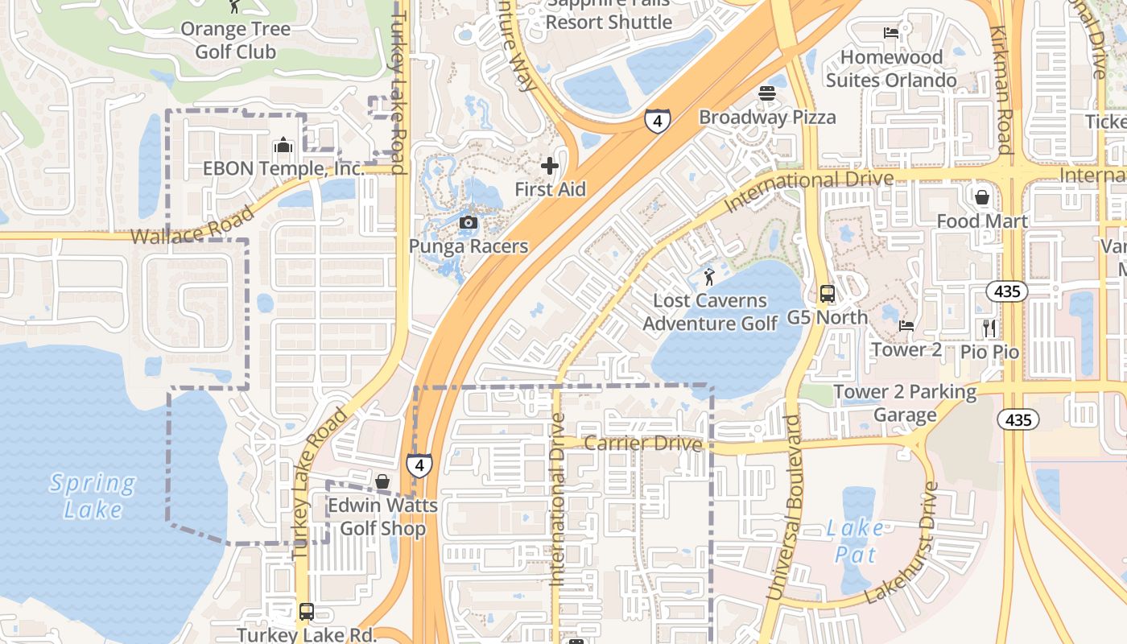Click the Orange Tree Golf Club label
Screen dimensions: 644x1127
(236, 40)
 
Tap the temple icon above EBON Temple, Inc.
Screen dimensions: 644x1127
(283, 146)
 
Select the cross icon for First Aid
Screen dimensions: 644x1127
(550, 166)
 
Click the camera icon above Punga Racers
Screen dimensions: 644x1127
(468, 222)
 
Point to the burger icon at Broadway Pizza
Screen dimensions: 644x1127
(766, 93)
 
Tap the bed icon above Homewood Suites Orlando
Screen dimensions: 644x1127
(891, 33)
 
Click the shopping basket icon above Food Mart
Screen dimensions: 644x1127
(982, 197)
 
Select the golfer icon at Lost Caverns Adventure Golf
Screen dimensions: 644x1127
(708, 277)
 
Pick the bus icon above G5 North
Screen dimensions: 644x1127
(828, 294)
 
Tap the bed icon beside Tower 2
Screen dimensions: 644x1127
(906, 326)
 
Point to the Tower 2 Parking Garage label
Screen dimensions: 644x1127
(905, 402)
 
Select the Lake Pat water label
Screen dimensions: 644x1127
(854, 541)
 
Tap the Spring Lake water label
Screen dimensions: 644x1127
(92, 496)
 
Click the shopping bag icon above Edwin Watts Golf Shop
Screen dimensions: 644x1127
(382, 481)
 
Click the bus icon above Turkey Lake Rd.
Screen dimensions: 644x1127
(307, 611)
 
